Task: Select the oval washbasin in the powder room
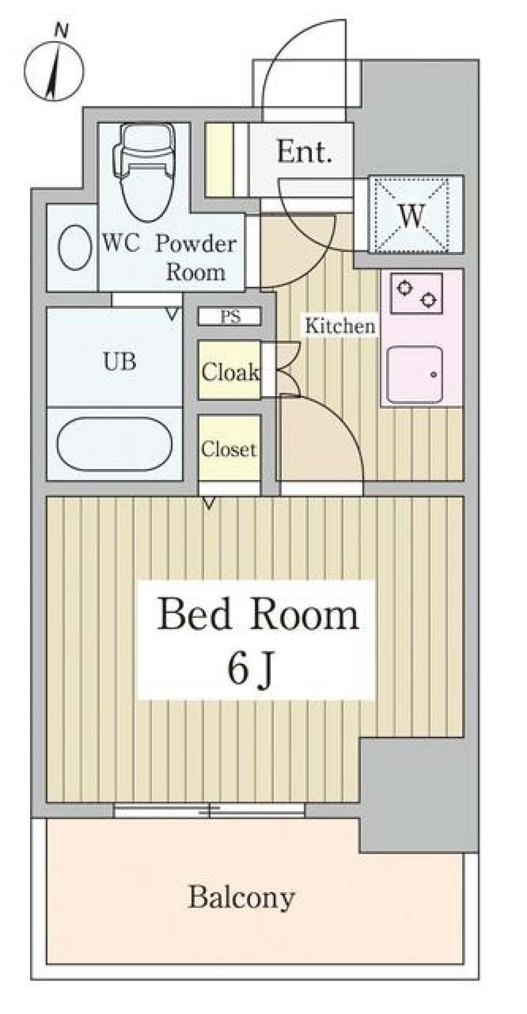(x=75, y=248)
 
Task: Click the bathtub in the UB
(x=115, y=443)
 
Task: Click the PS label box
(x=229, y=317)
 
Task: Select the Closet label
(x=228, y=449)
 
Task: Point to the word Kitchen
(x=340, y=326)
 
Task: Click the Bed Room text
(x=258, y=615)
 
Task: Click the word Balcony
(x=242, y=898)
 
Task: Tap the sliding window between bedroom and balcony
(x=209, y=810)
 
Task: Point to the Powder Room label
(x=196, y=258)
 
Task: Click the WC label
(x=121, y=243)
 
